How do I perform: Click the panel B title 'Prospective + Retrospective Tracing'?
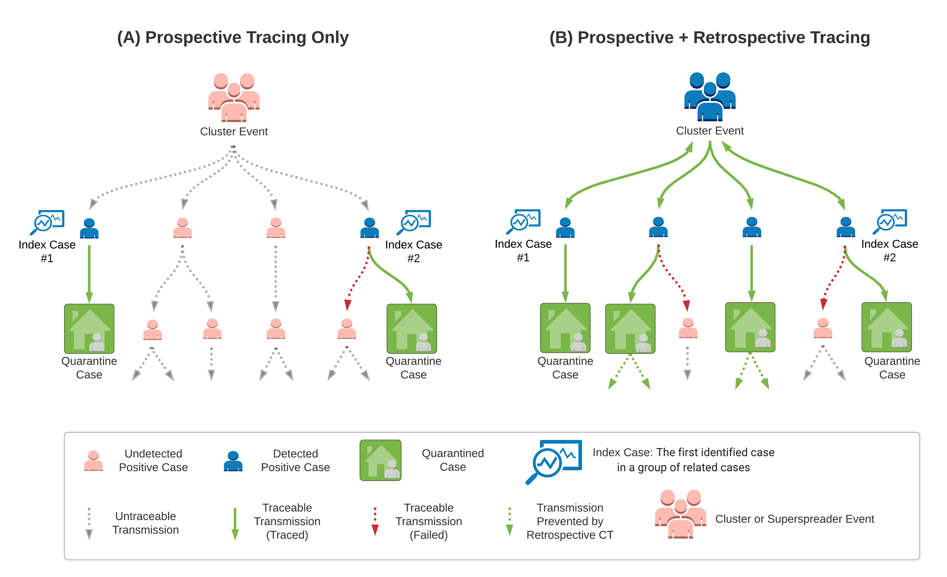(x=710, y=37)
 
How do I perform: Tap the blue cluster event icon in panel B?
(x=710, y=96)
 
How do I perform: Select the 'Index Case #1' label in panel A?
(x=47, y=251)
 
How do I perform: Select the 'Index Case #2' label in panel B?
(x=889, y=250)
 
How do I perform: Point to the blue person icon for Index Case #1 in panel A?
(x=89, y=228)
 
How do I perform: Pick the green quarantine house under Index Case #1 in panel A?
(x=89, y=329)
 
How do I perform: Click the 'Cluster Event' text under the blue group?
(x=710, y=131)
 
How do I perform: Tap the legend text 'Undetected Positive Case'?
(x=153, y=460)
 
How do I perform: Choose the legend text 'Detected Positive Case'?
(x=295, y=460)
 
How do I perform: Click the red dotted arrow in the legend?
(x=375, y=521)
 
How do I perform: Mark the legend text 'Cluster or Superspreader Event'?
(x=794, y=519)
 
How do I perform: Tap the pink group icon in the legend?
(x=680, y=513)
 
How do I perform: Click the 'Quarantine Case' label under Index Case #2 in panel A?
(x=414, y=368)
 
